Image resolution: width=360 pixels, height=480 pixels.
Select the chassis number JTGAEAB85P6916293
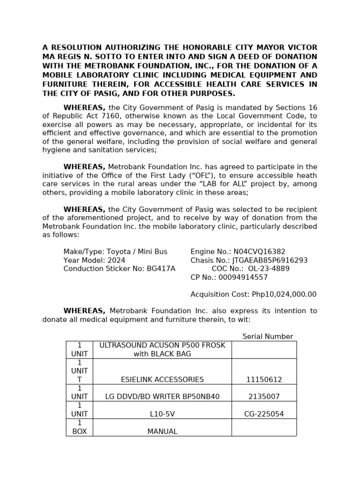[x=269, y=260]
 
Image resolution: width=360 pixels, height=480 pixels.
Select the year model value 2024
[x=116, y=260]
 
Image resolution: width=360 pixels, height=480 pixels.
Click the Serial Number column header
[x=267, y=337]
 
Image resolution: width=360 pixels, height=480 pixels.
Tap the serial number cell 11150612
[x=264, y=379]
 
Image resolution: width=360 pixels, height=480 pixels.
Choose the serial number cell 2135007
[x=264, y=397]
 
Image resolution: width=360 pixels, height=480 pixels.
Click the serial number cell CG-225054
[x=264, y=414]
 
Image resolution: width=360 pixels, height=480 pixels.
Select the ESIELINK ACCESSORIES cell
[x=162, y=379]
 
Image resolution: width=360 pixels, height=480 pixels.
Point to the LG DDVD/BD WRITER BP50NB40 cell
[x=162, y=397]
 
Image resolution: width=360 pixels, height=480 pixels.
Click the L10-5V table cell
[x=162, y=414]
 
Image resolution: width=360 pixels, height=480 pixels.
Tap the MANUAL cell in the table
[x=162, y=431]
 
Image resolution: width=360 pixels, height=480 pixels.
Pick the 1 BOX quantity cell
[x=80, y=427]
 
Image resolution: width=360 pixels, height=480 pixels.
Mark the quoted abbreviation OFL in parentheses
[x=194, y=175]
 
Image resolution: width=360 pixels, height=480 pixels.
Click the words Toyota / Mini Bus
[x=137, y=252]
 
